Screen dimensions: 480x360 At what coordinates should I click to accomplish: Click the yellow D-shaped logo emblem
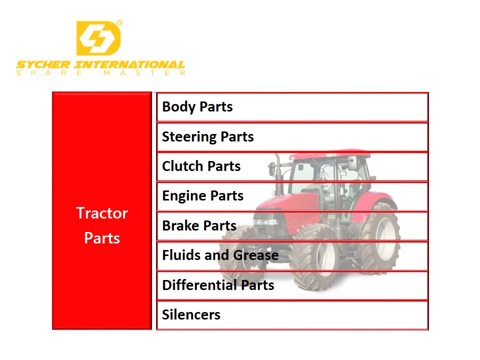point(98,38)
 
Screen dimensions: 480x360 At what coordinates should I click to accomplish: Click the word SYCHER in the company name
point(43,65)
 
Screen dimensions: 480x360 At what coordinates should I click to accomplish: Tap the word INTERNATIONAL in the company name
point(129,65)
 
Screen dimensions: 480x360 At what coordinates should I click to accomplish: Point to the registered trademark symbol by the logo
point(119,22)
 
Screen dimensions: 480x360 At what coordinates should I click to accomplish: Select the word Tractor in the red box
point(102,213)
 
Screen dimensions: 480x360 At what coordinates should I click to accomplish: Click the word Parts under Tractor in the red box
point(102,238)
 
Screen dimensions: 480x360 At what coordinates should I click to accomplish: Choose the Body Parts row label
point(197,107)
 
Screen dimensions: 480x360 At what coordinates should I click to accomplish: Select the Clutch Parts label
point(201,166)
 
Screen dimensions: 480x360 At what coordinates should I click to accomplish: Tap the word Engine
point(184,196)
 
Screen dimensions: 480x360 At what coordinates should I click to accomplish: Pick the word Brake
point(181,225)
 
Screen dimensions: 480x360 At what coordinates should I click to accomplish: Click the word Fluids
point(180,255)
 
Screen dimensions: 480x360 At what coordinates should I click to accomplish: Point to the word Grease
point(256,255)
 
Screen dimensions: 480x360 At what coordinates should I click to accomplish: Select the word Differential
point(199,285)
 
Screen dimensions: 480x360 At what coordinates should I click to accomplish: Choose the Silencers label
point(191,314)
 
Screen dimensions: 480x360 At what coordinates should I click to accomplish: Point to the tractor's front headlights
point(265,222)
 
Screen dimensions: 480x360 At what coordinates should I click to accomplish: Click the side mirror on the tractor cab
point(352,163)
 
